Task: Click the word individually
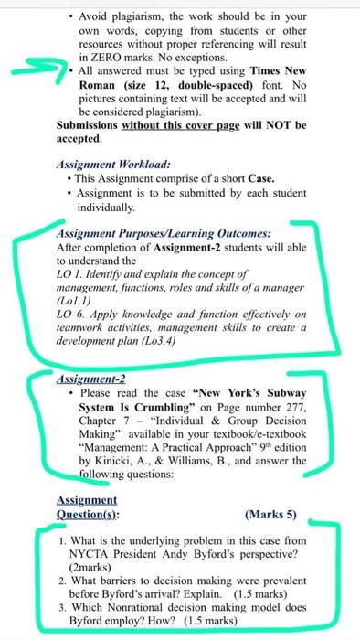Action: click(x=107, y=208)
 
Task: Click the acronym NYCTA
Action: click(x=88, y=554)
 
